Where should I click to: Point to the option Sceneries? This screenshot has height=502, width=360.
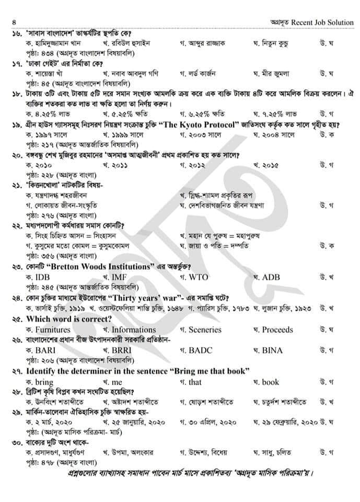coord(204,329)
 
